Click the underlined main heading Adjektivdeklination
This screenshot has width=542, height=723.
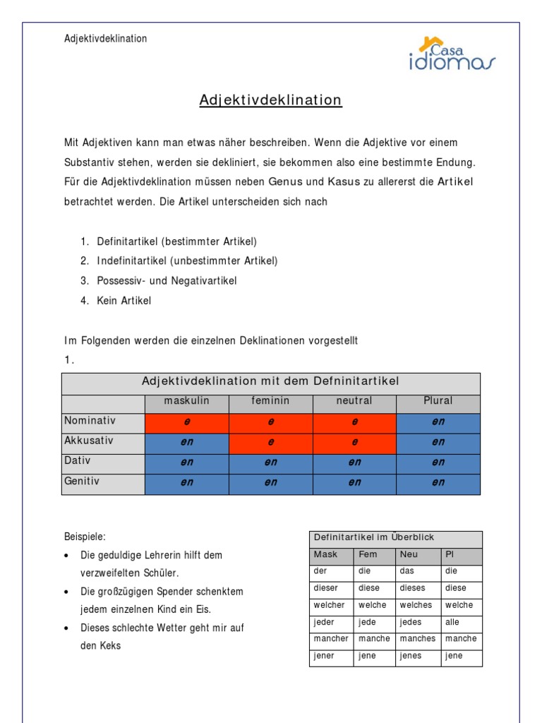pyautogui.click(x=270, y=100)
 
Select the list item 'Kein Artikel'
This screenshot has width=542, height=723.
pyautogui.click(x=124, y=301)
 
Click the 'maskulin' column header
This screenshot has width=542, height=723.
pyautogui.click(x=187, y=401)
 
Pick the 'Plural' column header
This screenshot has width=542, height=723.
pyautogui.click(x=438, y=401)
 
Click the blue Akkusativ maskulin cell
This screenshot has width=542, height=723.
pyautogui.click(x=187, y=442)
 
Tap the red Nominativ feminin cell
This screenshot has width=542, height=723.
pyautogui.click(x=270, y=422)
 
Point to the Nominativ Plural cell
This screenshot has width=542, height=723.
pyautogui.click(x=438, y=422)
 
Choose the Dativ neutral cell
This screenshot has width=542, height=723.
pyautogui.click(x=354, y=462)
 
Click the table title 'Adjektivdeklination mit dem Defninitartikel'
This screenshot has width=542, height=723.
pyautogui.click(x=270, y=382)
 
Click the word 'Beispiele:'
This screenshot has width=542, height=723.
pyautogui.click(x=85, y=537)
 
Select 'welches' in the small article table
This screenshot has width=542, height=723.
pyautogui.click(x=416, y=605)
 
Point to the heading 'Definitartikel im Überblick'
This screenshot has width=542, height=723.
pyautogui.click(x=374, y=538)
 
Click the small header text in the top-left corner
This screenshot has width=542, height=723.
pyautogui.click(x=106, y=39)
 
